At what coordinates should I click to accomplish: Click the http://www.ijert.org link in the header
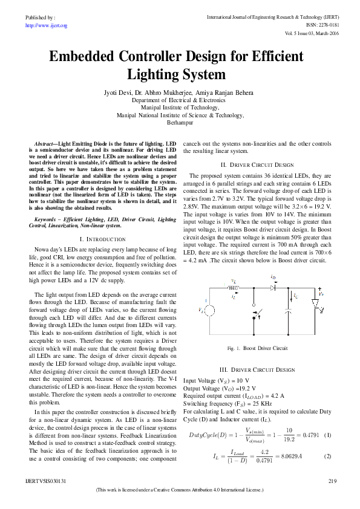[x=46, y=25]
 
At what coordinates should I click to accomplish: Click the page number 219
[x=332, y=481]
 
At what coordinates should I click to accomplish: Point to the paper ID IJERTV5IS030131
[x=45, y=481]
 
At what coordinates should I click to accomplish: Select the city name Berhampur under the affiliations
[x=180, y=122]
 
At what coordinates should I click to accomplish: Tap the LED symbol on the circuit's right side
[x=315, y=302]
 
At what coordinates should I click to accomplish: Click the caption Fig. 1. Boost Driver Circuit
[x=257, y=349]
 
